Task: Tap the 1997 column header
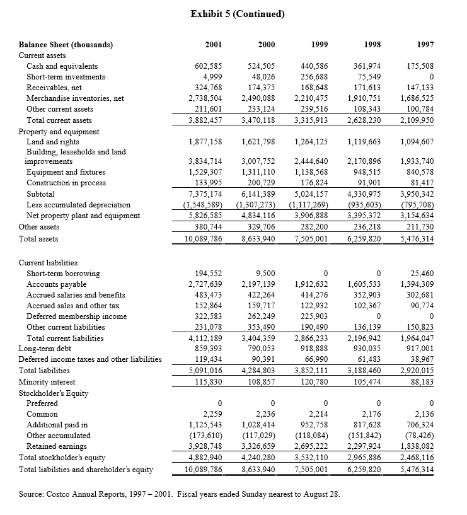425,45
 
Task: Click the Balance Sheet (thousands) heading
66,45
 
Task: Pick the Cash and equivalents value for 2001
205,66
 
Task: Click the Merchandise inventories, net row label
75,98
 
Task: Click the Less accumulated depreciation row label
78,205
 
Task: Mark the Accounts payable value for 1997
417,284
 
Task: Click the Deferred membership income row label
76,316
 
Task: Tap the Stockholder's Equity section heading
54,393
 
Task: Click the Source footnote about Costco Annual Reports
179,494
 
